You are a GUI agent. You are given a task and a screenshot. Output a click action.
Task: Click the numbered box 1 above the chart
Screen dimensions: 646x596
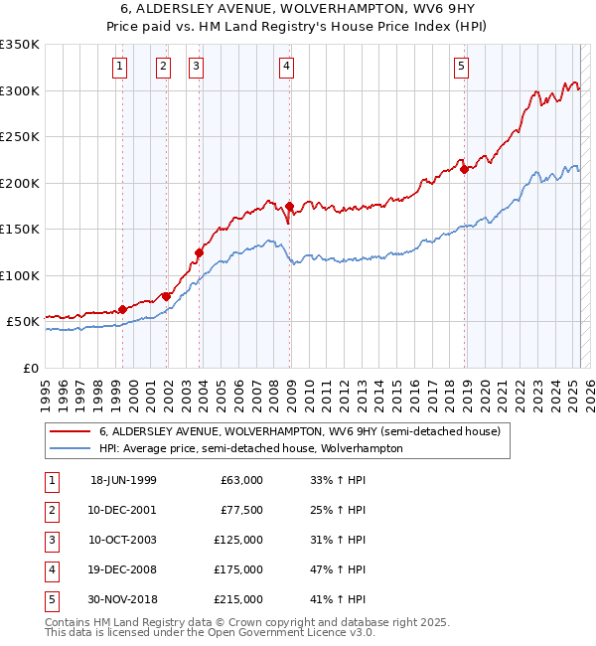tap(119, 67)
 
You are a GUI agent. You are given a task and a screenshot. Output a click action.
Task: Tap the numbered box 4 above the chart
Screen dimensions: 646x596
tap(286, 67)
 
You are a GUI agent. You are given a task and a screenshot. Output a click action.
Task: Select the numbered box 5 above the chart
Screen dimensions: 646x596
tap(462, 67)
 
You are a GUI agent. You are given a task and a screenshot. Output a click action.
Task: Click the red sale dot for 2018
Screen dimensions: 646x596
tap(464, 169)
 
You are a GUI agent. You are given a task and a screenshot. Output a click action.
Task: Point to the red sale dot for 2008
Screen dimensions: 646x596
tap(289, 206)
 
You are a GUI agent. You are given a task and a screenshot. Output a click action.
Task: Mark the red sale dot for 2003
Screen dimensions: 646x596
tap(199, 252)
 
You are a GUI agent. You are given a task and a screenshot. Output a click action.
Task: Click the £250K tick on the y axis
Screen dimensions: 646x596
tap(19, 137)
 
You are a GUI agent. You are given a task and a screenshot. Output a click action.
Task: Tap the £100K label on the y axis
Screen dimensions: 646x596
tap(19, 275)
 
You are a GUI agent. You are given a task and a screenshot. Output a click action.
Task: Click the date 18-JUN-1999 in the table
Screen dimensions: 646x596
tap(123, 480)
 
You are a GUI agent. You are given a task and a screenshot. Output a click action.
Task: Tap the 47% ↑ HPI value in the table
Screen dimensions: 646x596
tap(339, 569)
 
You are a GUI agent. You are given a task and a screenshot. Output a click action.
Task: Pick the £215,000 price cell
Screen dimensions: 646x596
tap(238, 599)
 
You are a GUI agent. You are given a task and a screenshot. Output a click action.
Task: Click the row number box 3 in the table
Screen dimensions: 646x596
tap(50, 540)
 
